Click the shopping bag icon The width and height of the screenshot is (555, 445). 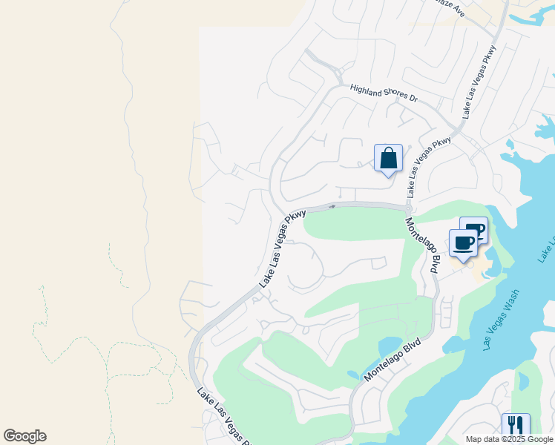coord(388,158)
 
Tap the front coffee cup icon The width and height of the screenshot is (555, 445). coord(463,243)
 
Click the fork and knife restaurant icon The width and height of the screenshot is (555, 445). coord(516,426)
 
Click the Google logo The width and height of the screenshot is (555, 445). coord(24,436)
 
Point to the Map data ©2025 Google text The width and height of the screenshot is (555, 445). coord(509,439)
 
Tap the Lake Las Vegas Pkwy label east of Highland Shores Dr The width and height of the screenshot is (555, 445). coord(479,81)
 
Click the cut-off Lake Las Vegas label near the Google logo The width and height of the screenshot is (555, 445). coord(222,415)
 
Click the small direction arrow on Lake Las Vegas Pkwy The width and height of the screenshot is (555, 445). coord(332,206)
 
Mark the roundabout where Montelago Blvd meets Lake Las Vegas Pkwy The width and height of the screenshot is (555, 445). coord(409,209)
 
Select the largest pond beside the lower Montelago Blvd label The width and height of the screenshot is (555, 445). coord(390,347)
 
